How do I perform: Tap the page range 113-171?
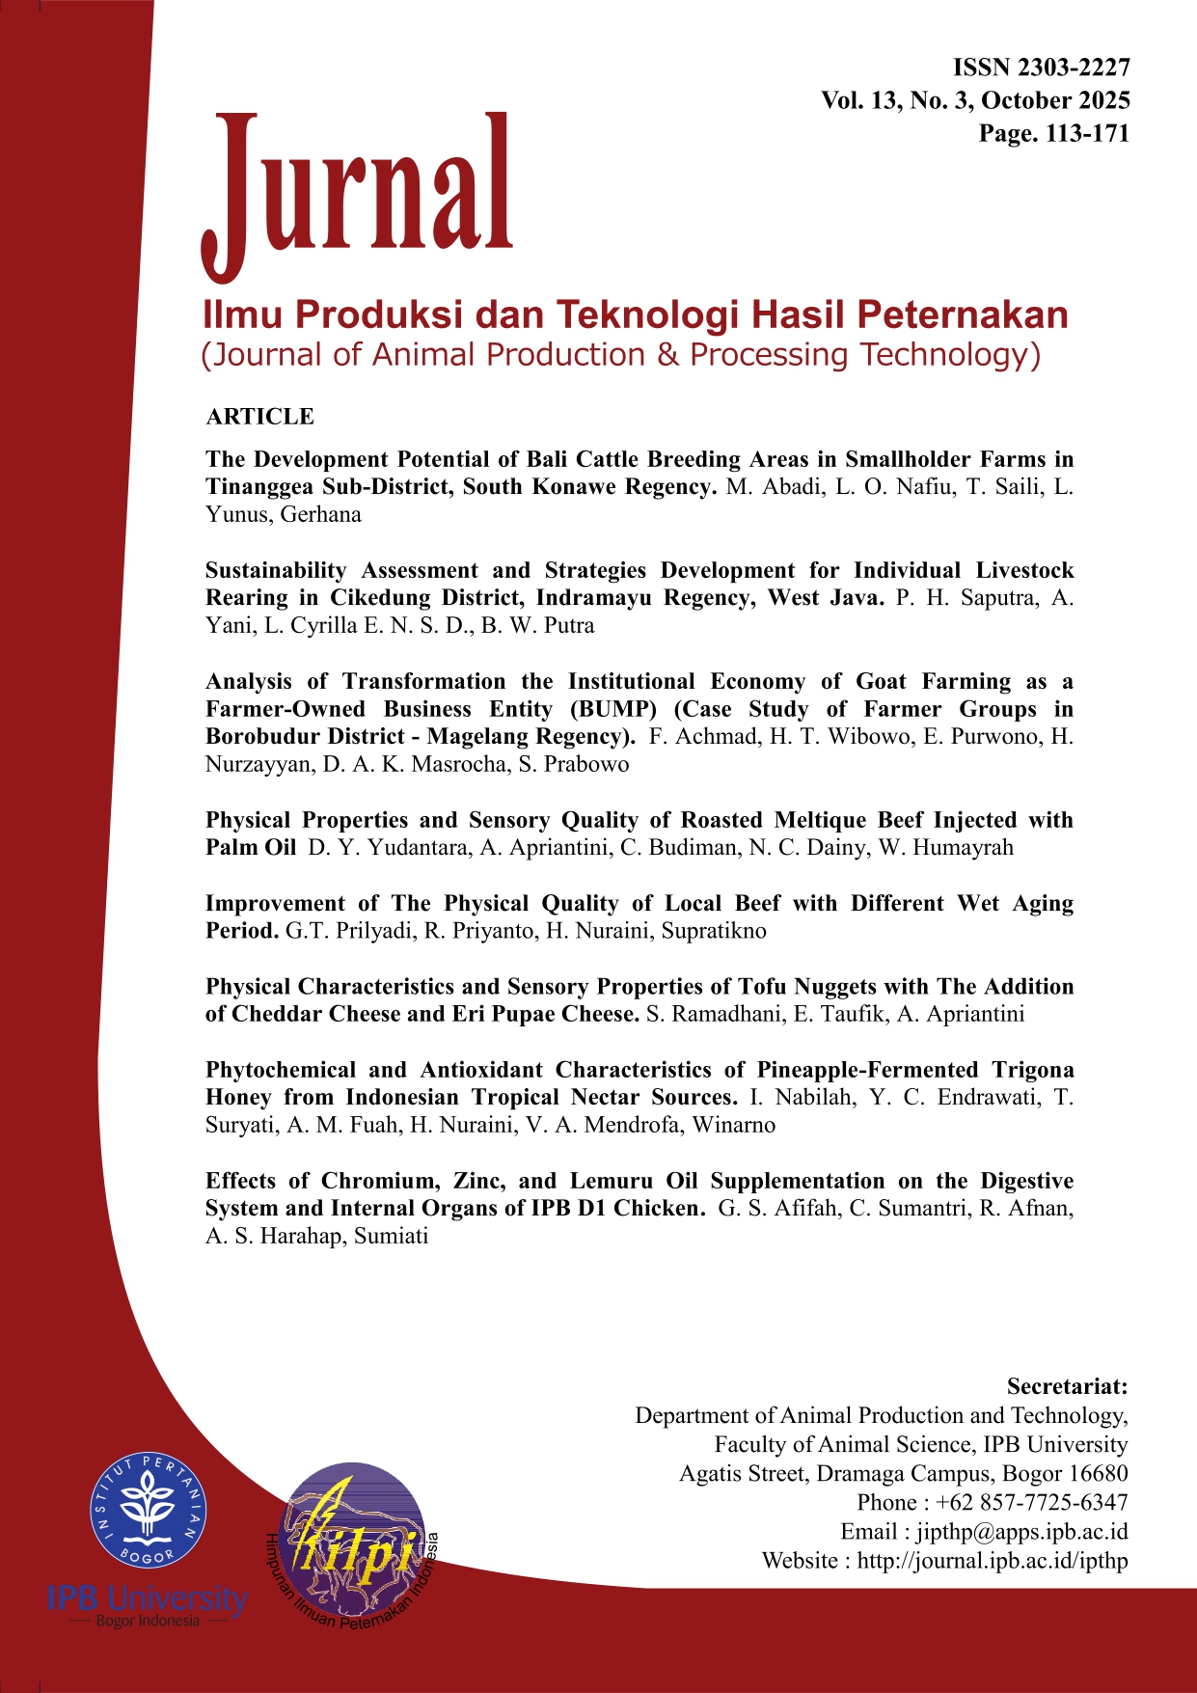[1087, 134]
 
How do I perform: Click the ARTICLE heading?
[259, 417]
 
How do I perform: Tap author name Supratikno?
[714, 932]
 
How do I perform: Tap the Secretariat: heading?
[1067, 1387]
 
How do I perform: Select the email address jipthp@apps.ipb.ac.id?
[1021, 1532]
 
